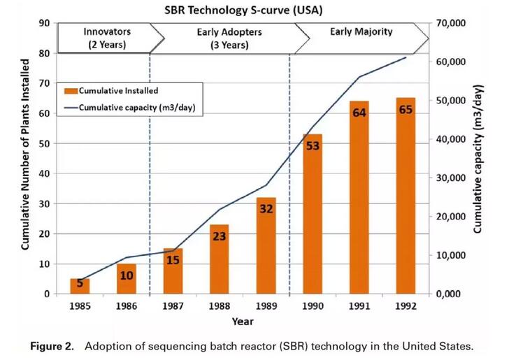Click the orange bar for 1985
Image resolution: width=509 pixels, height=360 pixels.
(80, 286)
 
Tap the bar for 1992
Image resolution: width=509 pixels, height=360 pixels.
(406, 196)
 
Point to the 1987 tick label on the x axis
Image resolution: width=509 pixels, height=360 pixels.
(173, 307)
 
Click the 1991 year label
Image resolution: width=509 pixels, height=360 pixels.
(359, 307)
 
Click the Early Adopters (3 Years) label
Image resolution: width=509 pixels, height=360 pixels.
(221, 38)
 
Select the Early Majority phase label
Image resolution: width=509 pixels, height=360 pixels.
(361, 31)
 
